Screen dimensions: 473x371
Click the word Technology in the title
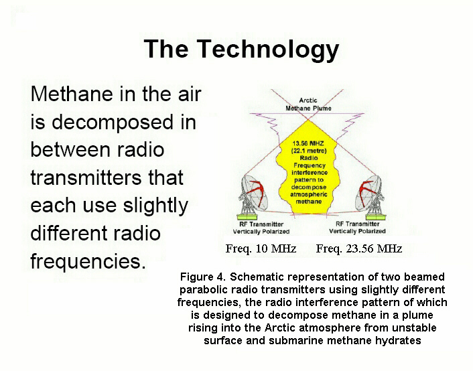pos(268,50)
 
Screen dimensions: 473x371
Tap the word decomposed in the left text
pos(113,123)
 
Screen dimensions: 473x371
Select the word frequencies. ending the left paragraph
pos(88,261)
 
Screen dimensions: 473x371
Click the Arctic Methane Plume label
pos(308,104)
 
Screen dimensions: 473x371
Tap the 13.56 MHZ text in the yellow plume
pos(308,143)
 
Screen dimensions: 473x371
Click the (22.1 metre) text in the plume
pos(309,151)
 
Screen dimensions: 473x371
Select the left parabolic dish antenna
pos(253,195)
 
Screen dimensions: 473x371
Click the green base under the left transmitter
pos(247,216)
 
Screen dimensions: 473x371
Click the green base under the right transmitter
pos(376,216)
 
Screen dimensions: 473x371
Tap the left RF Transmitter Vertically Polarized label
pos(261,228)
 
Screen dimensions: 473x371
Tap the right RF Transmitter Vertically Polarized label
pos(358,228)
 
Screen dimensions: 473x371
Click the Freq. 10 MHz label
pos(261,249)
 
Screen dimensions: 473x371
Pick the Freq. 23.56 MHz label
pos(359,249)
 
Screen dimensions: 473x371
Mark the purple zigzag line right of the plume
pos(347,125)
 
